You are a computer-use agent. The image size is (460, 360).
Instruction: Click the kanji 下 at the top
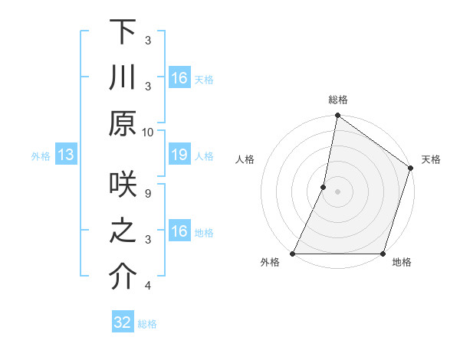pyautogui.click(x=123, y=34)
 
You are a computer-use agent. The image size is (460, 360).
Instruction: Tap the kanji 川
pyautogui.click(x=123, y=78)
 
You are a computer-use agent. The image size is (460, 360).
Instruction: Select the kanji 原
pyautogui.click(x=123, y=123)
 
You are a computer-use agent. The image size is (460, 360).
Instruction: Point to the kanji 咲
pyautogui.click(x=123, y=188)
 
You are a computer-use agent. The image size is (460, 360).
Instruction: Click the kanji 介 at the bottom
pyautogui.click(x=123, y=277)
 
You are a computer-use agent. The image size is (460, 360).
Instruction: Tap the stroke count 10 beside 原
pyautogui.click(x=148, y=132)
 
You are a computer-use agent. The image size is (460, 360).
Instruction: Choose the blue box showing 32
pyautogui.click(x=123, y=322)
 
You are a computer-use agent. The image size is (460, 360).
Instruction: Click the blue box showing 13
pyautogui.click(x=66, y=155)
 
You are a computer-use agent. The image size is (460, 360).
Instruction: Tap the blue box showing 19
pyautogui.click(x=179, y=155)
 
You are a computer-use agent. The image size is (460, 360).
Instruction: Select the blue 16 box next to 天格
pyautogui.click(x=179, y=78)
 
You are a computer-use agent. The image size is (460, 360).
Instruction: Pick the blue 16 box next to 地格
pyautogui.click(x=179, y=232)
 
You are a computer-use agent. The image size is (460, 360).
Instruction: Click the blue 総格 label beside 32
pyautogui.click(x=147, y=324)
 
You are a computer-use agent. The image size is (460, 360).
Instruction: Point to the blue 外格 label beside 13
pyautogui.click(x=41, y=156)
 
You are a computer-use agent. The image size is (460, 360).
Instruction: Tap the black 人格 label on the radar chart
pyautogui.click(x=245, y=159)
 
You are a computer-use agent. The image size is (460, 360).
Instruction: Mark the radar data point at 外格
pyautogui.click(x=293, y=254)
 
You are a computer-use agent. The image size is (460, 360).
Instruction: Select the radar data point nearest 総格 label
pyautogui.click(x=337, y=116)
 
